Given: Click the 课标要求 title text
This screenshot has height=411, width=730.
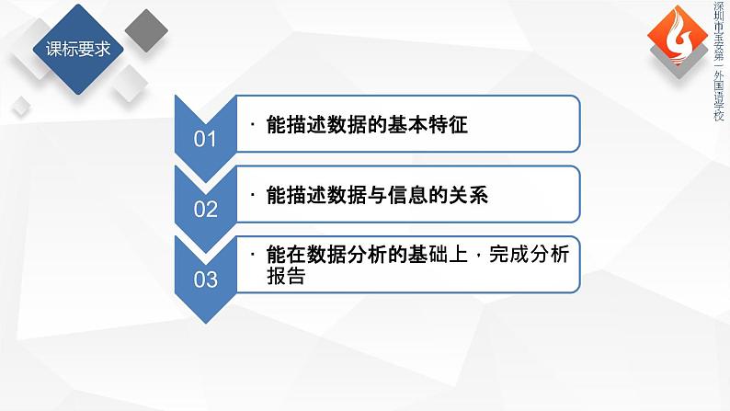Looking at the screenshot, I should coord(78,49).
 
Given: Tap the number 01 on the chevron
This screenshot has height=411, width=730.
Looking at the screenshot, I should coord(205,139).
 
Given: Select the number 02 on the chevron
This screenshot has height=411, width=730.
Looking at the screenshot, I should coord(205,209).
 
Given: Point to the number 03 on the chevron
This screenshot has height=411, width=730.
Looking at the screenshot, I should coord(205,279).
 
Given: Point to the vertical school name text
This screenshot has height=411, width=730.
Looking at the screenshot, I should coord(719,61).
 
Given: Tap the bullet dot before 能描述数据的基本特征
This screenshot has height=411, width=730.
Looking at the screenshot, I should coord(253,125).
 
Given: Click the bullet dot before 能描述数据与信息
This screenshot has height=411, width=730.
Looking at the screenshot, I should coord(253,196).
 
